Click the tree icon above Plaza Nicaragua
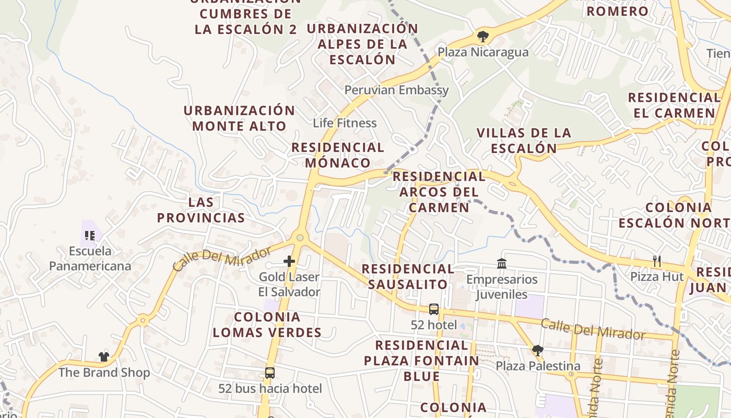point(483,37)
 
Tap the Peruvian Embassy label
point(396,90)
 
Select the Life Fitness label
point(345,123)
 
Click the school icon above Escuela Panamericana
point(89,236)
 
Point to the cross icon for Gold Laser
point(289,261)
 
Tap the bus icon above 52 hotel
point(434,309)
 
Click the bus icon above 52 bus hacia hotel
point(270,373)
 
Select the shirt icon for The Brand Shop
point(104,357)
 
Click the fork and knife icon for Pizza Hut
point(657,261)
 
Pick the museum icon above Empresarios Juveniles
point(502,263)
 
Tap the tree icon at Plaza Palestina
point(537,350)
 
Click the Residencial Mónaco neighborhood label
point(338,155)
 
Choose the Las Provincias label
point(201,210)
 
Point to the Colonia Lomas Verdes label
point(267,324)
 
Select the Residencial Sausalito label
point(408,276)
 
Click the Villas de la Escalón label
point(524,141)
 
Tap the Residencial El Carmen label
point(674,105)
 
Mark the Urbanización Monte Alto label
point(239,118)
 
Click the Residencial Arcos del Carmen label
point(439,192)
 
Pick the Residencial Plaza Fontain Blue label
point(421,361)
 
